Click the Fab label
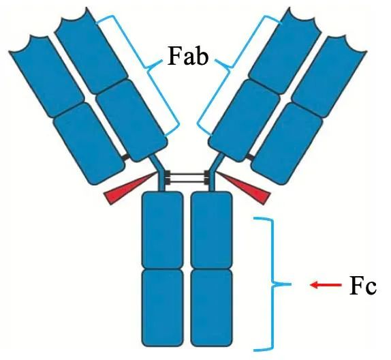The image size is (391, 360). [x=188, y=56]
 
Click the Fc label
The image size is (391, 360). [x=363, y=285]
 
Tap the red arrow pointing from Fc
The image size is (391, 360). [x=326, y=284]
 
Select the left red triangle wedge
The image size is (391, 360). [x=130, y=188]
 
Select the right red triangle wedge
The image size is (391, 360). [x=244, y=188]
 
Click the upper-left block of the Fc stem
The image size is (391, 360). [x=162, y=230]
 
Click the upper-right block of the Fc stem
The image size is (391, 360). [x=211, y=230]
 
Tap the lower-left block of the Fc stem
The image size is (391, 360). [x=162, y=308]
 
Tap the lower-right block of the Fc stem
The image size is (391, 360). [x=211, y=308]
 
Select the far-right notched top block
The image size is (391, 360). [x=330, y=76]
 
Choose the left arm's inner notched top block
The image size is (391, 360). [x=91, y=51]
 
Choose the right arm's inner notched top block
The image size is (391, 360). [x=285, y=51]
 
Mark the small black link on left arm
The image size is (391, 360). [x=125, y=157]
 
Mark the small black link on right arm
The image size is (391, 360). [x=250, y=157]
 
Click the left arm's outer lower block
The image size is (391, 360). [x=89, y=144]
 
